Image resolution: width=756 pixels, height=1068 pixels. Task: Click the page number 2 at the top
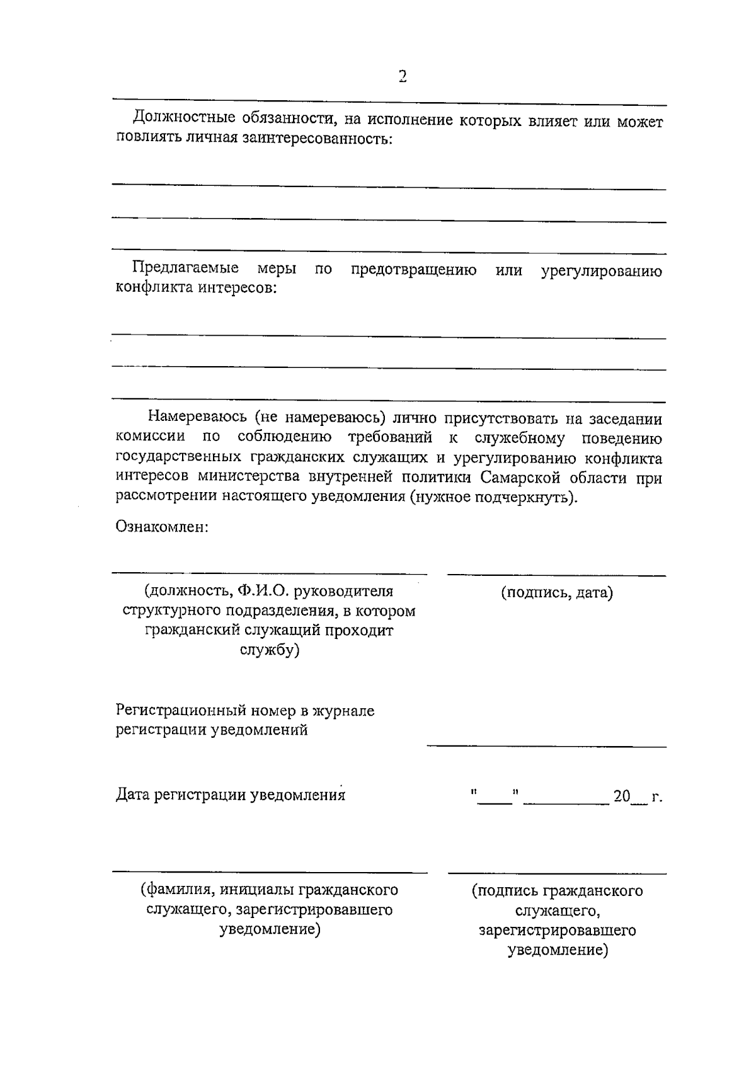(403, 77)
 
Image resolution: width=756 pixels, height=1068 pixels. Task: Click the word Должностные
(175, 118)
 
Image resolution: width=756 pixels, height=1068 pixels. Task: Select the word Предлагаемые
(185, 268)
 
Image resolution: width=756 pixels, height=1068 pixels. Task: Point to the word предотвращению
(413, 271)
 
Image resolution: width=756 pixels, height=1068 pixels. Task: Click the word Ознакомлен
(162, 526)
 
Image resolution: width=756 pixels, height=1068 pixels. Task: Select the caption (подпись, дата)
(557, 593)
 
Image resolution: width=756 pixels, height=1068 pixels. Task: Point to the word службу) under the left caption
(270, 650)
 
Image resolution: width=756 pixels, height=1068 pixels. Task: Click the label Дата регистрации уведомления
(231, 795)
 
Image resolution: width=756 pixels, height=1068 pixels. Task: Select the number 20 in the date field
(622, 796)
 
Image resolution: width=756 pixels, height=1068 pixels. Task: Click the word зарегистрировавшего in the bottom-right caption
(557, 930)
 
